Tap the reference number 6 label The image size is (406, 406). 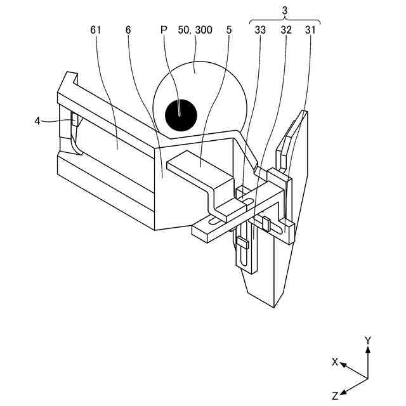(128, 30)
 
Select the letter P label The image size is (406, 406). (163, 30)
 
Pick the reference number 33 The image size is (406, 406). (261, 30)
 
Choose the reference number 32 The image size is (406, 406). (287, 30)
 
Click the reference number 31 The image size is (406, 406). (311, 30)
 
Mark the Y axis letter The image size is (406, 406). (367, 341)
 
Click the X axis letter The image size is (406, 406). (334, 362)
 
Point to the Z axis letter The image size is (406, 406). (335, 395)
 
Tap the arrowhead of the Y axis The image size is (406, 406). (367, 351)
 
